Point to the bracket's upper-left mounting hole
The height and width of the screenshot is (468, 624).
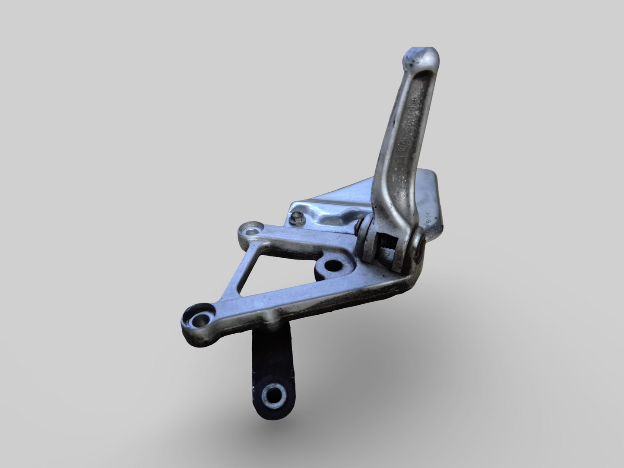[251, 230]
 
